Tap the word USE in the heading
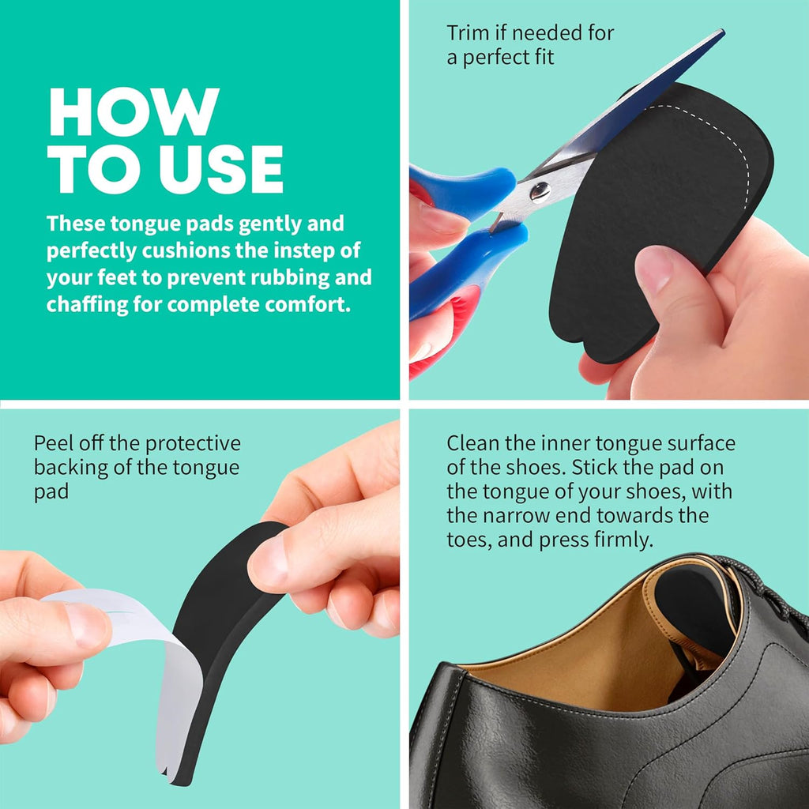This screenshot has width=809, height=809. click(221, 169)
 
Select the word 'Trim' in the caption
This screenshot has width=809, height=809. click(468, 33)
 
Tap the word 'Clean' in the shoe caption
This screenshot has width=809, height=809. click(472, 443)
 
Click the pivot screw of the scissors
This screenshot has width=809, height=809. click(540, 191)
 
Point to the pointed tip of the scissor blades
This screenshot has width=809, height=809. click(722, 32)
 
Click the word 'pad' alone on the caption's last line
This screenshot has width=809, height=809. click(51, 491)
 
